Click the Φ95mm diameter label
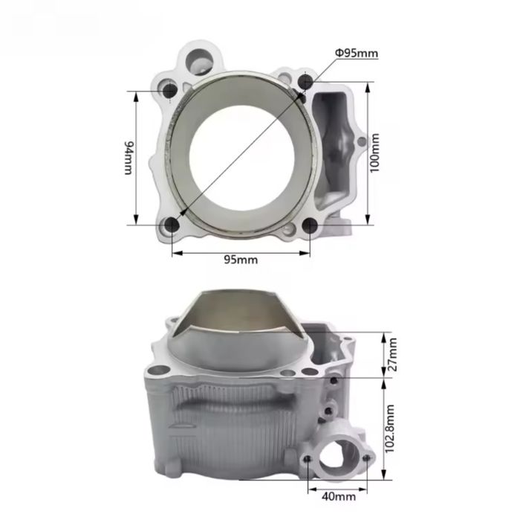pos(356,53)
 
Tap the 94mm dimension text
pos(129,158)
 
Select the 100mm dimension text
pos(374,153)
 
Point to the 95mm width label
pos(241,260)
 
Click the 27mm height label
pos(392,354)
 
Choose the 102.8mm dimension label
pos(390,428)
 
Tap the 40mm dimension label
pos(339,497)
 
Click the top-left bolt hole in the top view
pos(170,90)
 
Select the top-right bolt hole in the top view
pos(305,81)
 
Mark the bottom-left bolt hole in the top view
pos(172,225)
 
